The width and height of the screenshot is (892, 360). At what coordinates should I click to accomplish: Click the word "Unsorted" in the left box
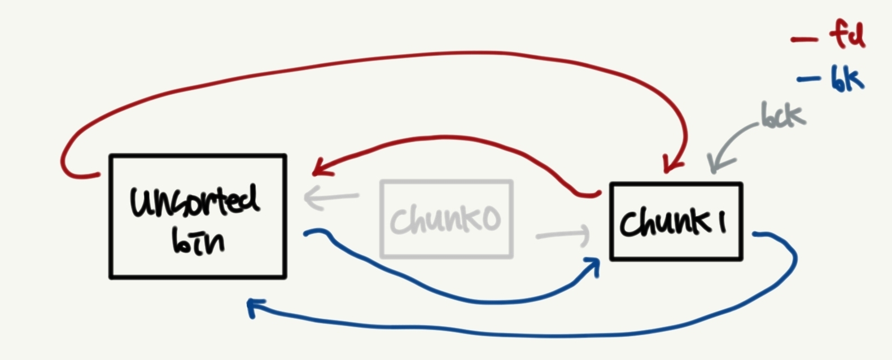[195, 201]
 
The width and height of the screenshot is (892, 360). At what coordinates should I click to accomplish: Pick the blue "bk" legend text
[847, 78]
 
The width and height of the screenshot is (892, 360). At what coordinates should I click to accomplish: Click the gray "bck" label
[782, 116]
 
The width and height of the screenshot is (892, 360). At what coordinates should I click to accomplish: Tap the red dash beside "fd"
[803, 39]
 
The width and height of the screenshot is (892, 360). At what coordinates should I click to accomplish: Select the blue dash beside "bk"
[808, 80]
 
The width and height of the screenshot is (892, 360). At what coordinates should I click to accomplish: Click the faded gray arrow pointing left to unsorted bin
[330, 197]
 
